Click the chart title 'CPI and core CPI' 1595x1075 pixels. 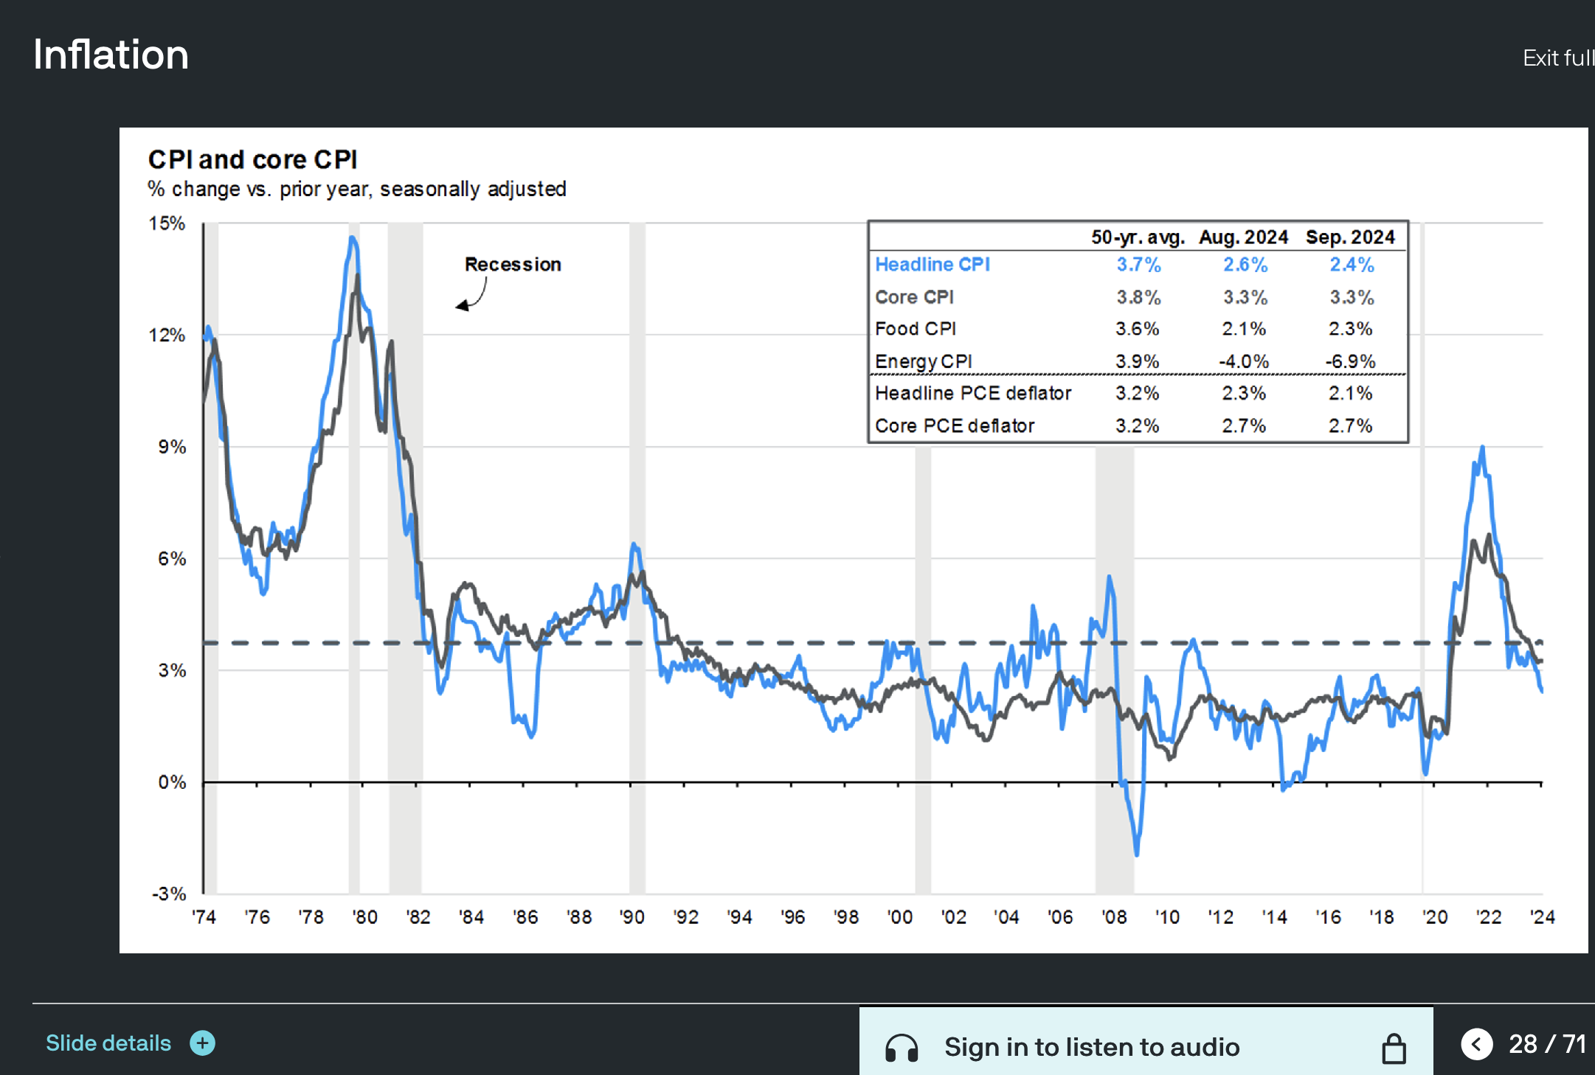252,159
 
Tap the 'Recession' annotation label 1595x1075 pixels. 513,264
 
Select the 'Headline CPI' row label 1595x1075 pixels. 933,264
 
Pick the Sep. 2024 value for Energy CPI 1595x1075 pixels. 1350,361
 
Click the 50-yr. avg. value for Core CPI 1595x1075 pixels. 1138,297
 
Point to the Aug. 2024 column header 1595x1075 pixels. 1243,237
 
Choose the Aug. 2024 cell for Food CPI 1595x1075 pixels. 1244,329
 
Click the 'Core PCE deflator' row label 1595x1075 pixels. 955,425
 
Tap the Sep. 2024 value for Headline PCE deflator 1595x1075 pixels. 1350,393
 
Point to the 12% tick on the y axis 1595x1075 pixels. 167,335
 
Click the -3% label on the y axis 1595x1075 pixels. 169,894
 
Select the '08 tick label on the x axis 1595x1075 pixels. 1114,916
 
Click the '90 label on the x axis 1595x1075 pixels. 632,916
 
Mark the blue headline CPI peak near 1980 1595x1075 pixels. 353,238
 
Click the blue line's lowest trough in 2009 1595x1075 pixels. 1136,854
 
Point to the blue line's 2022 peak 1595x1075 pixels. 1482,447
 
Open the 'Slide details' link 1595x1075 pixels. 108,1043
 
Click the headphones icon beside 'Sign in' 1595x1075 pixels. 902,1048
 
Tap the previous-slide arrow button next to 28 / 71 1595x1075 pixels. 1476,1044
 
